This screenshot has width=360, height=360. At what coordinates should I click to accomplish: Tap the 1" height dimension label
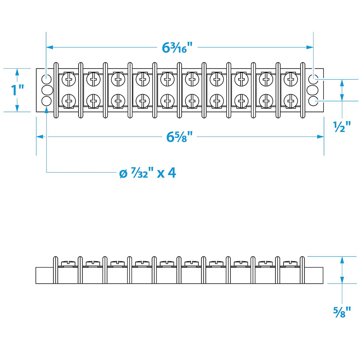coord(17,90)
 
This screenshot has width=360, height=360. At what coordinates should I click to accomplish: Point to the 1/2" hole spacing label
coord(342,127)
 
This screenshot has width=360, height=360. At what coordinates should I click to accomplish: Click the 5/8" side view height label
coord(342,312)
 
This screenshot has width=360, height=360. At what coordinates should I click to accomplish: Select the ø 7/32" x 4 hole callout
coord(147,173)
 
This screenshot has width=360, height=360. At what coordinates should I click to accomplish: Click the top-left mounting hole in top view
coord(47,79)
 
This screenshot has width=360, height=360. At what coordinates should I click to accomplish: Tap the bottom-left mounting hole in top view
coord(47,101)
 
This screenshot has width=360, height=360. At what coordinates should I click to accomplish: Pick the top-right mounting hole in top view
coord(313,79)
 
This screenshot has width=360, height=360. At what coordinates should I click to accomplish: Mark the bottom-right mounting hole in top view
coord(313,101)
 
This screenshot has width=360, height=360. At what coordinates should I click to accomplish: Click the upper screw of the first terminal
coord(69,79)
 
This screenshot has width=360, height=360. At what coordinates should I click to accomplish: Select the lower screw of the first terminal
coord(69,101)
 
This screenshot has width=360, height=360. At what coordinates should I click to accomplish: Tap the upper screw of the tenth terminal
coord(291,79)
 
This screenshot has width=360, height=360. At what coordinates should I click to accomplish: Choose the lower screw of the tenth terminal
coord(291,101)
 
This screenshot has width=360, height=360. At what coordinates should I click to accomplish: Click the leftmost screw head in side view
coord(69,263)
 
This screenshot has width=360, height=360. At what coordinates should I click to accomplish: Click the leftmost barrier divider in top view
coord(56,90)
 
